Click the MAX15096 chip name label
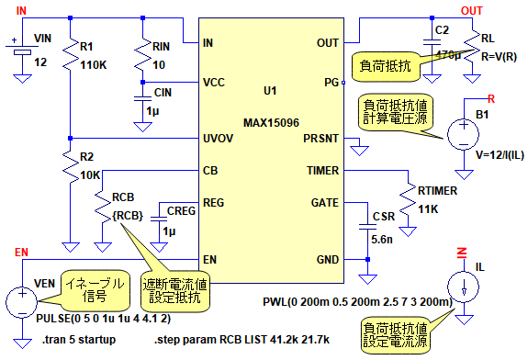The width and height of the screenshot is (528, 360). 271,122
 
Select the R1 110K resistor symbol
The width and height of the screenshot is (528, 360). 71,54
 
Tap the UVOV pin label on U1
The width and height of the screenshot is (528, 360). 218,139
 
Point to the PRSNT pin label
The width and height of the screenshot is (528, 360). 320,139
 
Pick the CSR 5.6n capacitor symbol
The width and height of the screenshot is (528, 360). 367,226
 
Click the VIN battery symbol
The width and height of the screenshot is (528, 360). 22,49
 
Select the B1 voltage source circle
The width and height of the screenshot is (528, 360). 464,135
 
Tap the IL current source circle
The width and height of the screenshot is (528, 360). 464,287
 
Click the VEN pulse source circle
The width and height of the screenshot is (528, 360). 22,302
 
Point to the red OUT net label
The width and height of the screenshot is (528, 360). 471,11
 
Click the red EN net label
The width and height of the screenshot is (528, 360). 21,253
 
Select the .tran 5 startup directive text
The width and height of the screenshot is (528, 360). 79,340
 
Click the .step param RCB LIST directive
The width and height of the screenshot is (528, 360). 242,340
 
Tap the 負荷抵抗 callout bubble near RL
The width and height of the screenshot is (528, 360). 386,66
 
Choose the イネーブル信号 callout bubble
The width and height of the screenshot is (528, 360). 95,290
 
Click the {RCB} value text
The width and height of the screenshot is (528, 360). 128,215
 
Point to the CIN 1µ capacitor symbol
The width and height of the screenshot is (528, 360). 142,98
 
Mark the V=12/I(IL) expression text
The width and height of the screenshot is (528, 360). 500,155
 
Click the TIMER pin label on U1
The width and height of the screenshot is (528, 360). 322,171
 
